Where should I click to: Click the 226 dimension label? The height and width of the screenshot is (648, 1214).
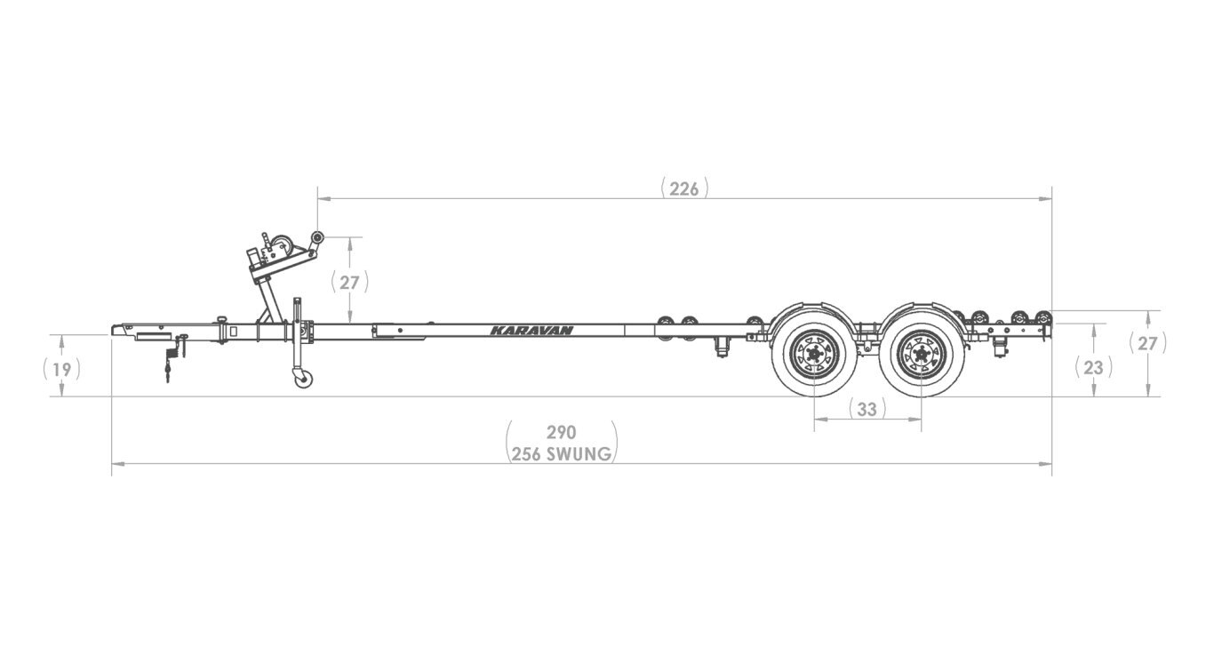pos(684,189)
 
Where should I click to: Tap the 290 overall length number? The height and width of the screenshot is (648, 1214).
pos(561,432)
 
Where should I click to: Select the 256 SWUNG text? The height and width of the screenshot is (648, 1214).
pos(562,454)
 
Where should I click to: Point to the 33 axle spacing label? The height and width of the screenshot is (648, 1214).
pos(867,409)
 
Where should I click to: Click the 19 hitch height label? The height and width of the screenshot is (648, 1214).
pos(62,369)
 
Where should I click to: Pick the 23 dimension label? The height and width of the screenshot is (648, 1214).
pos(1093,368)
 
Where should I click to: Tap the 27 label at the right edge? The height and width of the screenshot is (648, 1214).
pos(1147,343)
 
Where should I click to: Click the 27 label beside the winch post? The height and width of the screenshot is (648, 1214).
pos(349,283)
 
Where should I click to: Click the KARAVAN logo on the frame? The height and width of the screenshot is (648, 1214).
pos(531,331)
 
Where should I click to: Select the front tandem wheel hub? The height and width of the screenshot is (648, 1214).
pos(814,356)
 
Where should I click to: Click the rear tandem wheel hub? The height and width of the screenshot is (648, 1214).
pos(922,356)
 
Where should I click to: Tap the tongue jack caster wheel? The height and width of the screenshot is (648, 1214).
pos(304,378)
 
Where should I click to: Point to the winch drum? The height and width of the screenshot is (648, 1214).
pos(281,245)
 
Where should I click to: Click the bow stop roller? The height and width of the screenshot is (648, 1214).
pos(316,238)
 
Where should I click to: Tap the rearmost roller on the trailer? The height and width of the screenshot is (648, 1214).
pos(1042,317)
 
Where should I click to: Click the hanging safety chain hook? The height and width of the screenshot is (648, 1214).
pos(167,373)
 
